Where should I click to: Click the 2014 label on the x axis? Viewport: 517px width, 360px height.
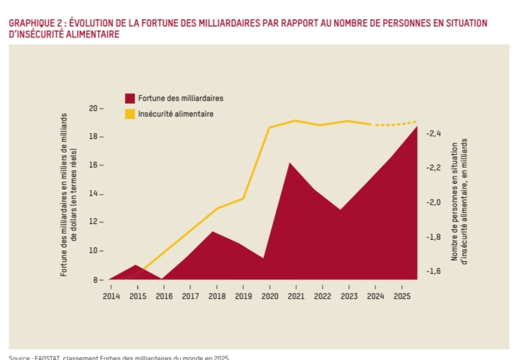pos(111,296)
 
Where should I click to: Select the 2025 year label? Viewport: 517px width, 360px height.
pos(402,296)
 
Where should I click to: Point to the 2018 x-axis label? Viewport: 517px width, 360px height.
pos(216,296)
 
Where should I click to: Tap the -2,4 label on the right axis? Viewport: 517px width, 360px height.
pos(433,133)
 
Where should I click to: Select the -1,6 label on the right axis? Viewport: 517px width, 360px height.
pos(433,271)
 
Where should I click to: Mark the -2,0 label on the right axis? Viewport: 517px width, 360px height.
pos(433,202)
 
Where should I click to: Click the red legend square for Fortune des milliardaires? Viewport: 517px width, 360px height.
pos(130,99)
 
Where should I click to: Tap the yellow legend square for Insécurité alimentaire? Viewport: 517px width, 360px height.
pos(130,114)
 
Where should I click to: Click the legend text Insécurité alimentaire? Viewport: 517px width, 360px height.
pos(176,114)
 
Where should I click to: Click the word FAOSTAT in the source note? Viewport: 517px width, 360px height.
pos(47,357)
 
